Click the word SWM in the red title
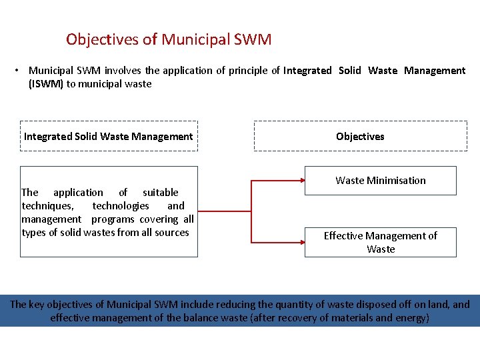point(253,39)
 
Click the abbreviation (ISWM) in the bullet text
point(46,84)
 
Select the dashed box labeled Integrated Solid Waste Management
point(109,137)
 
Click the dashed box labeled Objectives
point(360,137)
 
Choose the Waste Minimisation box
point(380,181)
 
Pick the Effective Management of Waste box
point(380,243)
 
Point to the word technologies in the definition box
point(121,206)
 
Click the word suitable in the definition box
point(160,193)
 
